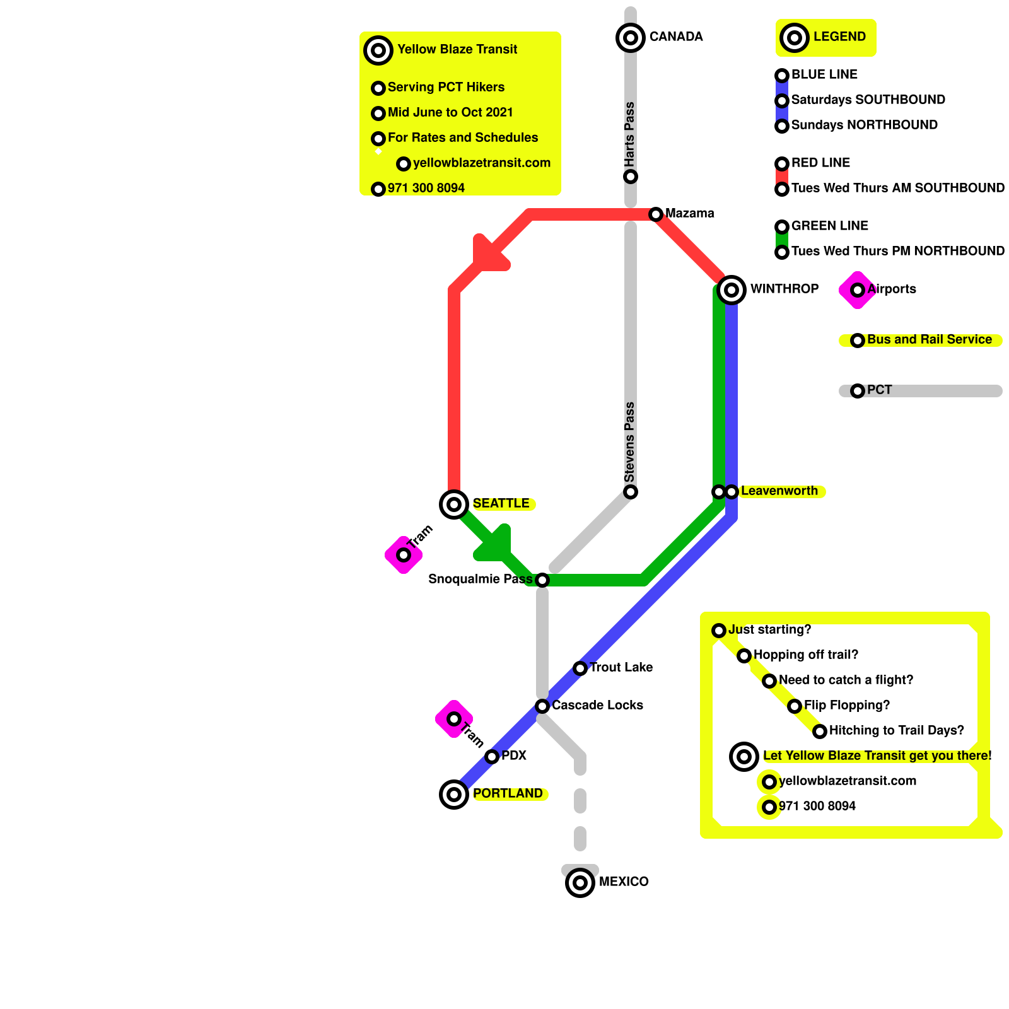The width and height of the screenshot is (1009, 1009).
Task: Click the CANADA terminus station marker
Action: coord(630,38)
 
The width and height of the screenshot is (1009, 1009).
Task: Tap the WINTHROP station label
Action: coord(784,289)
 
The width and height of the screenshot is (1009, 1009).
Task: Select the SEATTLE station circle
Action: coord(454,504)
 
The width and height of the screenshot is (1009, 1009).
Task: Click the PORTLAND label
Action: coord(508,793)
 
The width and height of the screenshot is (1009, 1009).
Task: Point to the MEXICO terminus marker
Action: coord(580,883)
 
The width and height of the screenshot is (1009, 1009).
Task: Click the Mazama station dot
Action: coord(656,214)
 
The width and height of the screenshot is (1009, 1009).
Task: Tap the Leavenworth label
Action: coord(779,491)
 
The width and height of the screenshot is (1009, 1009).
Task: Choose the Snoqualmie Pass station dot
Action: coord(542,580)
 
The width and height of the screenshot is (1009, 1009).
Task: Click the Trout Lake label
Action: coord(621,667)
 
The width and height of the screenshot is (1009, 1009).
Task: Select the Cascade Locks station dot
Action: coord(542,706)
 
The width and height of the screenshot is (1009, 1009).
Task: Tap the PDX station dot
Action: coord(492,757)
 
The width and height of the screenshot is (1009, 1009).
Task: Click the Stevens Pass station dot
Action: coord(631,492)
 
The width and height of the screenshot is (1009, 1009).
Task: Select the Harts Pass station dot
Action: coord(631,177)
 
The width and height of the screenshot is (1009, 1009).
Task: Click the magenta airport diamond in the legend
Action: coord(857,290)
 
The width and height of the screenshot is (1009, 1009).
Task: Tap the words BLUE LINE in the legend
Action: coord(824,74)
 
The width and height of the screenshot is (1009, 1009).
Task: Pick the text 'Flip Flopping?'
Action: coord(846,705)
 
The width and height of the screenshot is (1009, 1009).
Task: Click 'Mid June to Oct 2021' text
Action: coord(450,112)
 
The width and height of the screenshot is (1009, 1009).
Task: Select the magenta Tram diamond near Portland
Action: coord(454,719)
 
